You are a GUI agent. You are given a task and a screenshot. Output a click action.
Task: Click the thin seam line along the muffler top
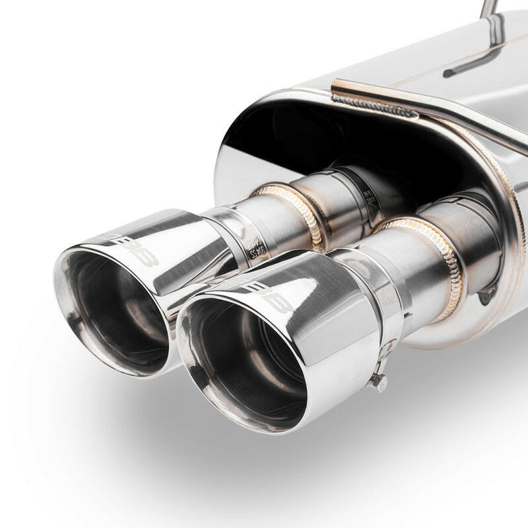click(x=422, y=73)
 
